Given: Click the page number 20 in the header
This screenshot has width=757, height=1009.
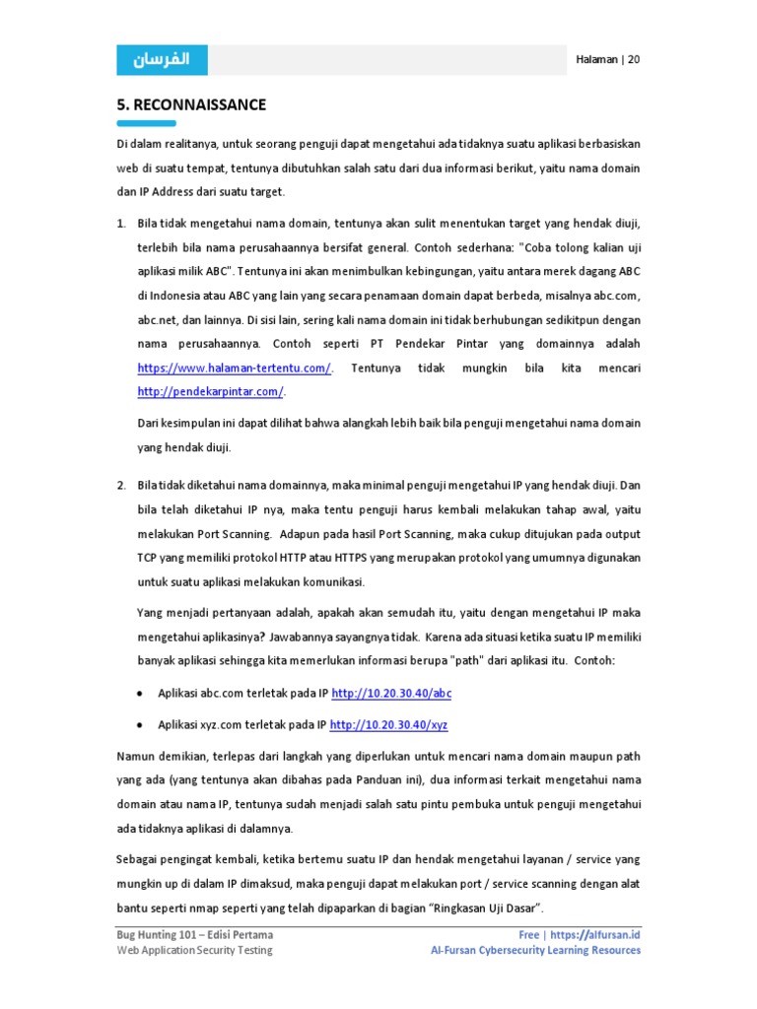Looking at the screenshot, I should click(634, 60).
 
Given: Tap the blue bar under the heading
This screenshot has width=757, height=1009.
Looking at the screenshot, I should click(146, 123).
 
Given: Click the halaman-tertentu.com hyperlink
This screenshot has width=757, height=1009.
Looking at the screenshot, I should click(234, 368).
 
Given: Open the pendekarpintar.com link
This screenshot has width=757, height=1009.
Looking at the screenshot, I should click(210, 391).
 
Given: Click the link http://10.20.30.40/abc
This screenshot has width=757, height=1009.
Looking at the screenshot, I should click(391, 694).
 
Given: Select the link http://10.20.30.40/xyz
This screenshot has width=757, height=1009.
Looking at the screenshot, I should click(389, 725).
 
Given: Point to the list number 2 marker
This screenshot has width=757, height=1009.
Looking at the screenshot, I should click(120, 486).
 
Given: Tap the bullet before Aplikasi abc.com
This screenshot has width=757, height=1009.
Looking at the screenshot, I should click(142, 694).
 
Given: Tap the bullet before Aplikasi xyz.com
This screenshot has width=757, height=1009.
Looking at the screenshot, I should click(142, 725).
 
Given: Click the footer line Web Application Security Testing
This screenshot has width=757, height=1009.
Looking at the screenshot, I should click(194, 950).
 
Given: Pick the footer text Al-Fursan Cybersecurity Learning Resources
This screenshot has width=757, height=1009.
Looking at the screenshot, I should click(535, 950).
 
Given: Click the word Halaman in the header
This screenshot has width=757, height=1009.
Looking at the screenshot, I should click(596, 60).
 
